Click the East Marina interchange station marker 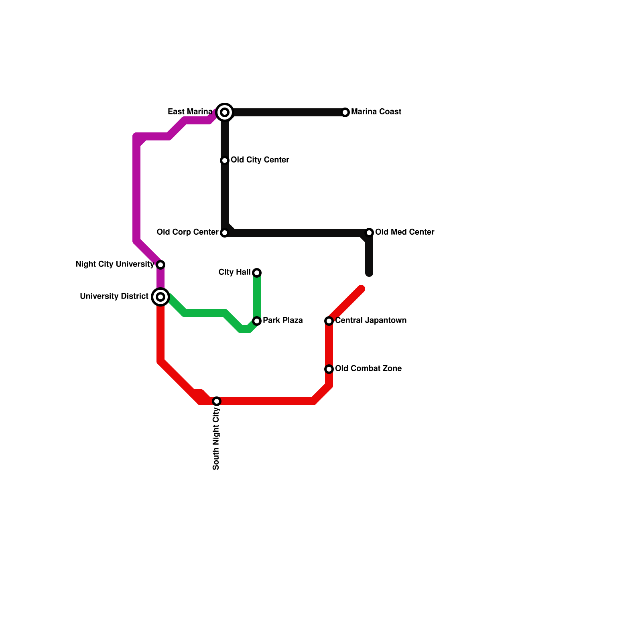(225, 112)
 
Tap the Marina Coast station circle (345, 112)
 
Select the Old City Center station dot (225, 160)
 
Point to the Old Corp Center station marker (225, 233)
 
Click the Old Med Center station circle (369, 233)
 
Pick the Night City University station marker (160, 265)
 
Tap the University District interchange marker (160, 297)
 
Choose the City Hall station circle (257, 273)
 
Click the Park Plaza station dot (257, 321)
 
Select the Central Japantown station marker (329, 321)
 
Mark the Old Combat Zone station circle (329, 369)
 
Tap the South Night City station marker (217, 401)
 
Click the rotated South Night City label (217, 438)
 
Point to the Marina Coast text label (376, 112)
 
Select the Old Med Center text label (404, 232)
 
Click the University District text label (114, 297)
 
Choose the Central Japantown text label (371, 321)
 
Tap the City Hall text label (234, 272)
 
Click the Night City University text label (115, 264)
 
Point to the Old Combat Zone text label (368, 369)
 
